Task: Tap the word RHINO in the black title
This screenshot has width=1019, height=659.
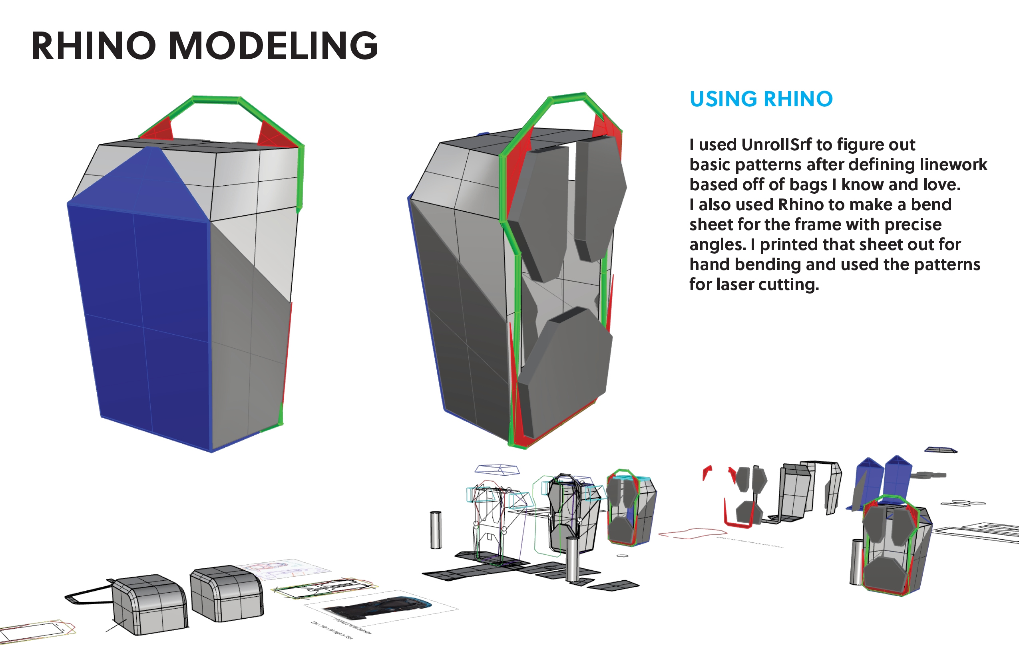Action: click(94, 46)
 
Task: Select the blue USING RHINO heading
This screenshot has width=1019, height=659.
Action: click(761, 99)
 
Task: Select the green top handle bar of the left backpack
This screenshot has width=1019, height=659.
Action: click(216, 100)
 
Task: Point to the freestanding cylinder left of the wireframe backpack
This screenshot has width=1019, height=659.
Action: click(436, 529)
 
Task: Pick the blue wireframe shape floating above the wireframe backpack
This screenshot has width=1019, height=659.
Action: click(497, 469)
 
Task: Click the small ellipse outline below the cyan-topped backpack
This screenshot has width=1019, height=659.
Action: click(623, 556)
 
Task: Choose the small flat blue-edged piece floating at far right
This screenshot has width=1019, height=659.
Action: click(940, 450)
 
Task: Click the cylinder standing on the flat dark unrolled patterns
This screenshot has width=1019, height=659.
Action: click(572, 558)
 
